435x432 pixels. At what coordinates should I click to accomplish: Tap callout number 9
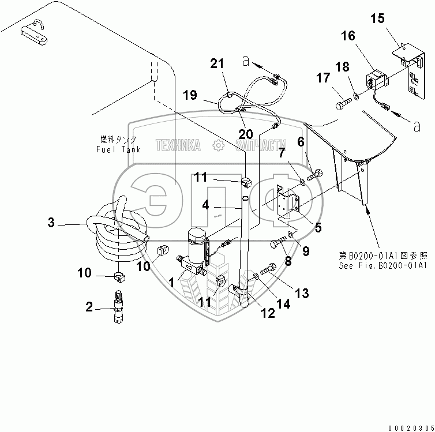[305, 251]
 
